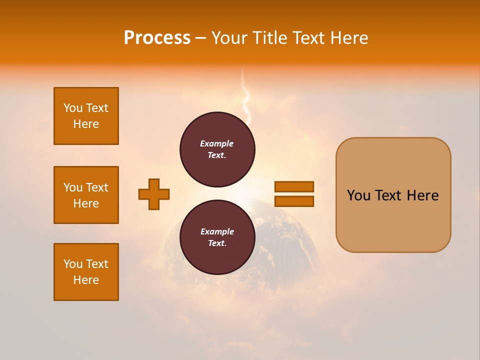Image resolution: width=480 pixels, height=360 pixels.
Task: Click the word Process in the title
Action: click(x=157, y=38)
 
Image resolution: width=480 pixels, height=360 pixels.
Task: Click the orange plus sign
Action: click(x=154, y=194)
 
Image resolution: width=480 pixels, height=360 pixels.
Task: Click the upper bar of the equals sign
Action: click(x=294, y=186)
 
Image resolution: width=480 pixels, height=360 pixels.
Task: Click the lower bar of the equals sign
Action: click(x=294, y=201)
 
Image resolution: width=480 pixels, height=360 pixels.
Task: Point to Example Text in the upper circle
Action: click(x=217, y=149)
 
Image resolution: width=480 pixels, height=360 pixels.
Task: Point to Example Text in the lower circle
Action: click(x=217, y=237)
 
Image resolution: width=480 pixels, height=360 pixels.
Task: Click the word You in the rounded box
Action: click(x=358, y=195)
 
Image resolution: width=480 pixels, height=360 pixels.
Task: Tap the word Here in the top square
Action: click(x=86, y=124)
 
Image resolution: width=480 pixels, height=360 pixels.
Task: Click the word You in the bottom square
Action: click(x=73, y=264)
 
